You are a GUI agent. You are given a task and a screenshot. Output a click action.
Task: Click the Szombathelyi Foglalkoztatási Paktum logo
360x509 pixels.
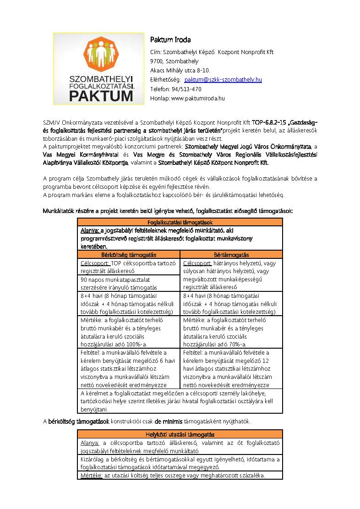point(98,69)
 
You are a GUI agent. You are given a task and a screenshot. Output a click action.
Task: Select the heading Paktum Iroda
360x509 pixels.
point(171,39)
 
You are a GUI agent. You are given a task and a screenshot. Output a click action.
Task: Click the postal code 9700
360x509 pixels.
point(156,61)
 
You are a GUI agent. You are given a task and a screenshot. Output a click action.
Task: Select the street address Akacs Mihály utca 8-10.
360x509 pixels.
point(180,71)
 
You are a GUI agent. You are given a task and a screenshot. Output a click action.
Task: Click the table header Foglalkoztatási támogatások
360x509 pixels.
point(180,222)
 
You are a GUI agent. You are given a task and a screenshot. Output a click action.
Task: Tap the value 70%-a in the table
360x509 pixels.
point(237,344)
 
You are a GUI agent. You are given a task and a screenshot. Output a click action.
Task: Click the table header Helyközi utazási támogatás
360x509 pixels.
point(180,434)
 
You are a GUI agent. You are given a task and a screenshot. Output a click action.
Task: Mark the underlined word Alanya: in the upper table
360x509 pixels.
point(90,230)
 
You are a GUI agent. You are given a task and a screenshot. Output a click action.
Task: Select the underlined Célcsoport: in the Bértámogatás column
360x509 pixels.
point(197,263)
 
